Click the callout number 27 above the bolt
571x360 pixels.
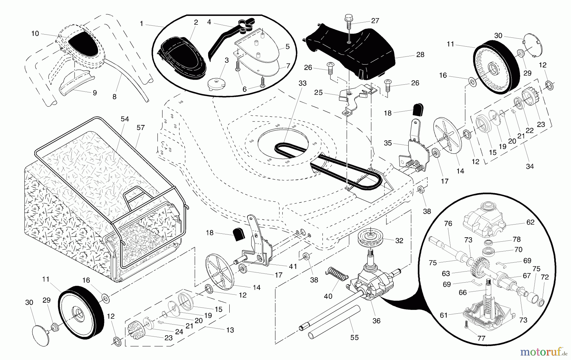pos(375,21)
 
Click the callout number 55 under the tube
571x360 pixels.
pos(354,338)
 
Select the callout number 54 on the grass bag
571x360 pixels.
pos(125,119)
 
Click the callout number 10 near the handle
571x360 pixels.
pos(35,33)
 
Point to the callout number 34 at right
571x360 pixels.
pos(529,166)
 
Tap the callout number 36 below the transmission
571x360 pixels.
pos(376,321)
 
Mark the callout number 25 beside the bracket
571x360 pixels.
pos(318,92)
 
